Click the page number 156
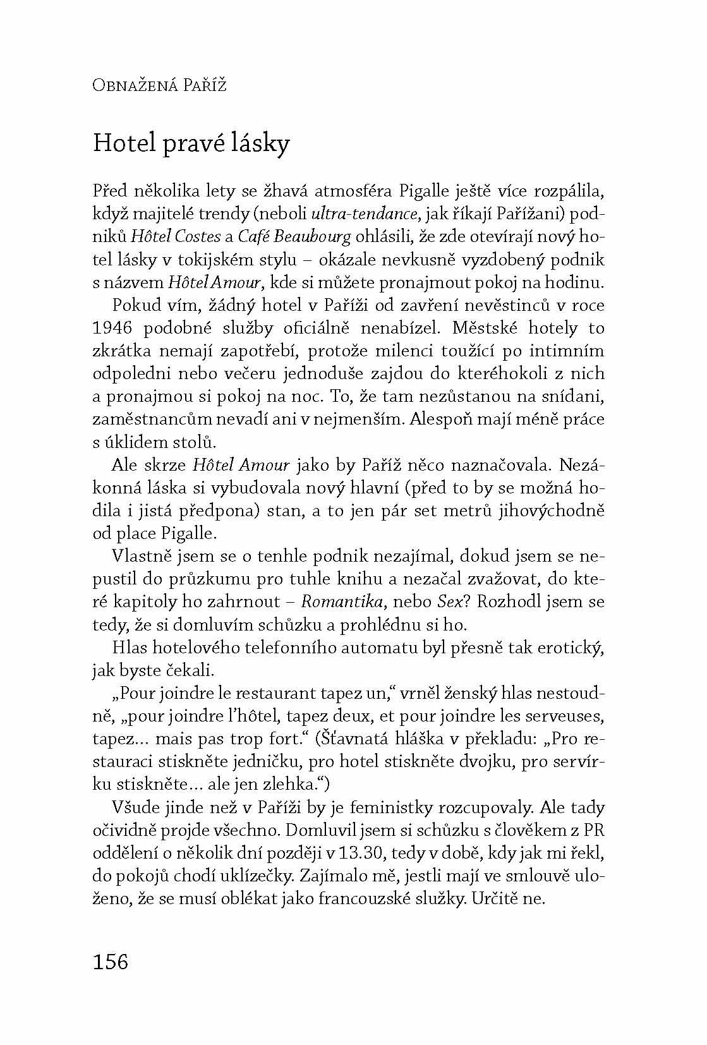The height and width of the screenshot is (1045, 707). coord(111,961)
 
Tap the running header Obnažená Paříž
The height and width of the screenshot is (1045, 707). coord(159,85)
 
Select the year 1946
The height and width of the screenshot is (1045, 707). coord(112,328)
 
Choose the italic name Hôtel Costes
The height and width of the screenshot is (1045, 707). coord(176,236)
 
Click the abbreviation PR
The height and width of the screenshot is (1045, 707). coord(595,830)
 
